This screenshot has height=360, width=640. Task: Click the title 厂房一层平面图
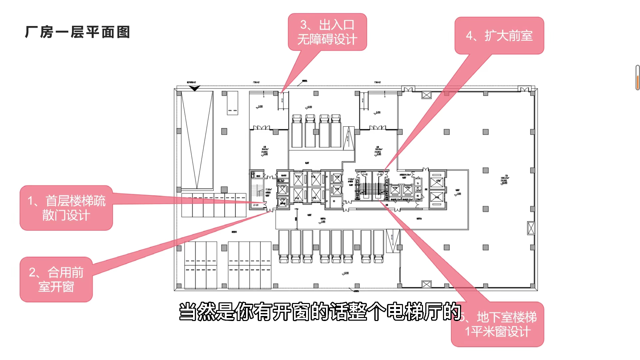point(77,32)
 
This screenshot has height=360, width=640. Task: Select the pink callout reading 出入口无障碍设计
point(327,32)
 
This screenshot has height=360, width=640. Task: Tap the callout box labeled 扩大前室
point(499,36)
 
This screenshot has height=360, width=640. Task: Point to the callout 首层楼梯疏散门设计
point(66,208)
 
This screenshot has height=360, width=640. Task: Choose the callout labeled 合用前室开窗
point(56,279)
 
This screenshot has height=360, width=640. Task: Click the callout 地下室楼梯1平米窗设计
point(498,324)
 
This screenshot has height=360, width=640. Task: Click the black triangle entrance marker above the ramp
point(194,88)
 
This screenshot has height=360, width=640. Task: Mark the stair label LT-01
point(256,205)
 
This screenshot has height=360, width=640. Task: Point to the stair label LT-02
point(365,174)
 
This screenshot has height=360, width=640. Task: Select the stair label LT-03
point(380,174)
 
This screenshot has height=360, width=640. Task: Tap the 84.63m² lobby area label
point(265,150)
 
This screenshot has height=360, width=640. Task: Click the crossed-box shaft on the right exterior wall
point(531,228)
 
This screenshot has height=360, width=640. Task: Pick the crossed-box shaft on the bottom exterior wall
point(426,284)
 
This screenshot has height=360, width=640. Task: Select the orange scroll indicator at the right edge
point(637,82)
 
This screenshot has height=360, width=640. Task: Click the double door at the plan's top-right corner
point(524,89)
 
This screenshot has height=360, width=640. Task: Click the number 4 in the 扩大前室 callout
point(469,36)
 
